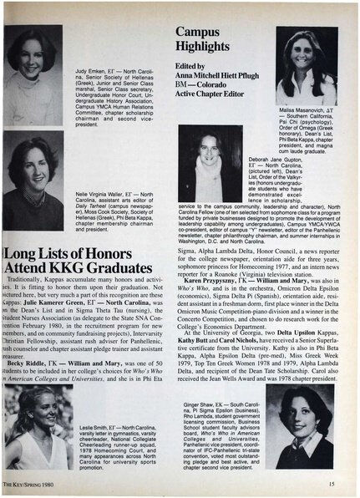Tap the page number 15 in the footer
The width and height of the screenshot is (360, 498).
(x=332, y=482)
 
